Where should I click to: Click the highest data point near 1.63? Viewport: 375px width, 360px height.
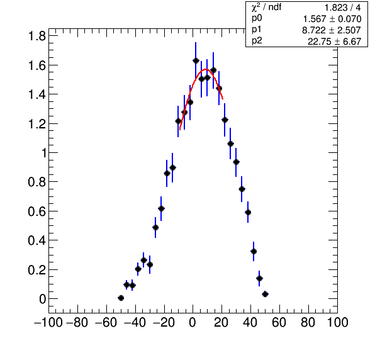pos(196,61)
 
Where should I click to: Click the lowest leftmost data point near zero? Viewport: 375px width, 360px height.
pos(121,298)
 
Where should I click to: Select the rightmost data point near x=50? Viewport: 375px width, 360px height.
pos(265,294)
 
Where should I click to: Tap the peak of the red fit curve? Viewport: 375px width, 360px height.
pos(206,69)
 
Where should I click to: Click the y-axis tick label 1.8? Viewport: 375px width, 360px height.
pos(37,37)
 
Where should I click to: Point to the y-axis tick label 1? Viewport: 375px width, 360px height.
pos(44,153)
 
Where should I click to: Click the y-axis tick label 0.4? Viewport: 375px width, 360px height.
pos(37,240)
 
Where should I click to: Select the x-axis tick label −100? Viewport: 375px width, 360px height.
pos(48,322)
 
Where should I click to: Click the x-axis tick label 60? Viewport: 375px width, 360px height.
pos(279,322)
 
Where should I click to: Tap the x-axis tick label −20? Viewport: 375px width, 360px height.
pos(164,322)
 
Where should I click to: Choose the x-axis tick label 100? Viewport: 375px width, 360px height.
pos(337,322)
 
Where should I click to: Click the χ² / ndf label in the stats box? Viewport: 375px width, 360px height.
pos(266,8)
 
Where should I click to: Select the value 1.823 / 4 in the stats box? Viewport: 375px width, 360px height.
pos(342,8)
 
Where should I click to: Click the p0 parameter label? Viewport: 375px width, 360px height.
pos(257,18)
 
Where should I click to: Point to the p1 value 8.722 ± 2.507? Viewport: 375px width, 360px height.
pos(331,30)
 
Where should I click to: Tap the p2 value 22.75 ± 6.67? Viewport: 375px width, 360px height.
pos(334,42)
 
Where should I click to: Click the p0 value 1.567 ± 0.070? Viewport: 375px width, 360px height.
pos(332,19)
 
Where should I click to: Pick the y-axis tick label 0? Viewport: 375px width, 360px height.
pos(43,299)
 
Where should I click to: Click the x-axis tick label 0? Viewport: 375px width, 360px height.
pos(193,322)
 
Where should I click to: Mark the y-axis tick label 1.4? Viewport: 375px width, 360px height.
pos(37,95)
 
